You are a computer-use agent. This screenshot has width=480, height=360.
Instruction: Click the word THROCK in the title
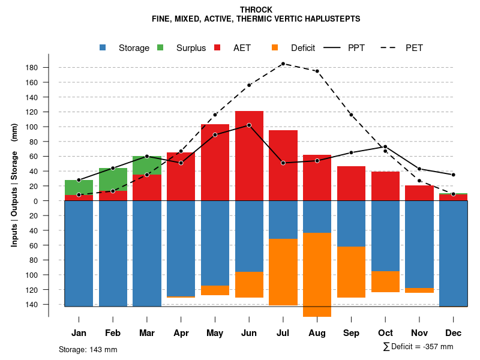(256, 10)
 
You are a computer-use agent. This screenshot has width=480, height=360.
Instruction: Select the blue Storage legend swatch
(104, 48)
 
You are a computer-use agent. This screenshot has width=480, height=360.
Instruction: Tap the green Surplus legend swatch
(161, 48)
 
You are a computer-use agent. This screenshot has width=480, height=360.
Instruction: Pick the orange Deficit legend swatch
(275, 48)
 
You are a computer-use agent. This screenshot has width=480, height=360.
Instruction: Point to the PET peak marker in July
(283, 63)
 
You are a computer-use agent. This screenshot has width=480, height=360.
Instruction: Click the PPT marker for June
(249, 125)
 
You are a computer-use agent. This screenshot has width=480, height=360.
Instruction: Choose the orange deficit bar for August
(317, 274)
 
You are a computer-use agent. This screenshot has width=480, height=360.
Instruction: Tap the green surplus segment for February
(113, 179)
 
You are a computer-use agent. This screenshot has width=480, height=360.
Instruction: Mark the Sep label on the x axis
(351, 333)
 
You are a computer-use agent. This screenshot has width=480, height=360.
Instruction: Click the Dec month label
(453, 333)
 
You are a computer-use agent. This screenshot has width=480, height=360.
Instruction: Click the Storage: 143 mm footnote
(88, 349)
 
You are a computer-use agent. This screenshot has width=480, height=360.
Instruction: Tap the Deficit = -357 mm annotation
(418, 347)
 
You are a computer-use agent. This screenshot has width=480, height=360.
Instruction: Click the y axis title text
(14, 185)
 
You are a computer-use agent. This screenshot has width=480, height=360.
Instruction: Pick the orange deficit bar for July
(283, 272)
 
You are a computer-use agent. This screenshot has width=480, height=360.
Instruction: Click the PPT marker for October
(385, 146)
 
